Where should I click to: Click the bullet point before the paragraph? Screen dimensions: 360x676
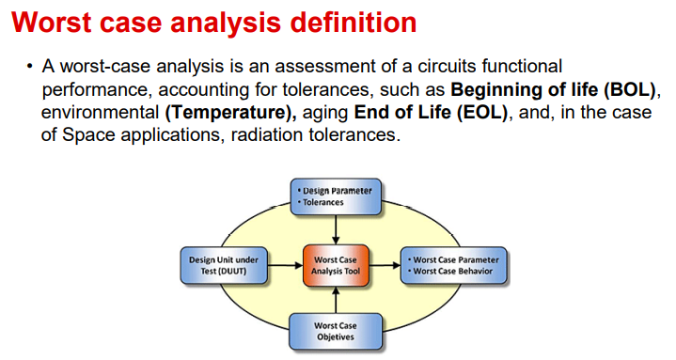[x=30, y=70]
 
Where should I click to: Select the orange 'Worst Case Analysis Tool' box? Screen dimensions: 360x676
[x=335, y=266]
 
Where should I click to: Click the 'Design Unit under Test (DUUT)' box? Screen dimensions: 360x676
[x=224, y=266]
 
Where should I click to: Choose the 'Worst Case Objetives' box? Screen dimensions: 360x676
[x=335, y=331]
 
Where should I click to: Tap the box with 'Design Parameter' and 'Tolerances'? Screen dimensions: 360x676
[x=335, y=196]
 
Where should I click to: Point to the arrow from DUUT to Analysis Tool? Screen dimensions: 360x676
[x=285, y=266]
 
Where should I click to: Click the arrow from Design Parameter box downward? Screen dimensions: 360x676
[x=335, y=228]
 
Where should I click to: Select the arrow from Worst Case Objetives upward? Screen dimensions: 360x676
[x=335, y=300]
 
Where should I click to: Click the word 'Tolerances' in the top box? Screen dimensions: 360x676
[x=323, y=202]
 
